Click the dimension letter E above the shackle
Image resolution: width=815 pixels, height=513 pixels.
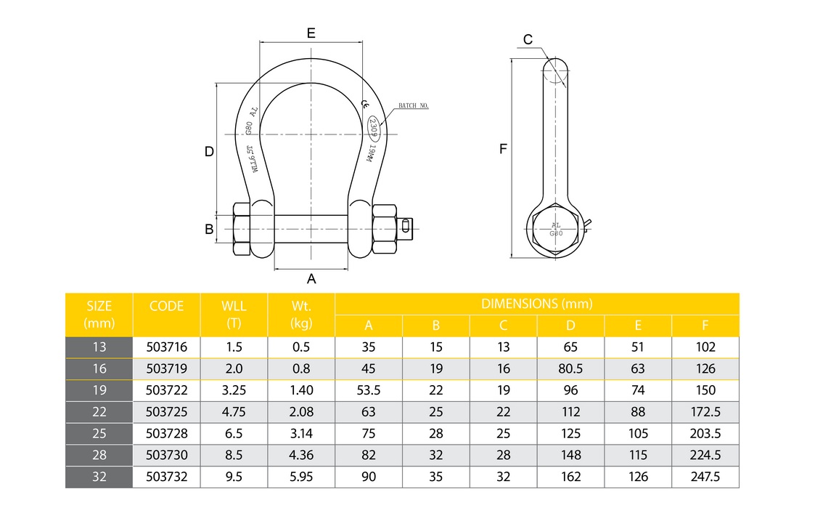(311, 33)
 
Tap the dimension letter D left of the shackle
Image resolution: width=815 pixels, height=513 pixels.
(209, 151)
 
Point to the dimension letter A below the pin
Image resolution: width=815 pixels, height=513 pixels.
(311, 279)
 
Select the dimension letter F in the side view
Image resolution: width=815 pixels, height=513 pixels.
(503, 149)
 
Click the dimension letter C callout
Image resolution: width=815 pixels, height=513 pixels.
(528, 39)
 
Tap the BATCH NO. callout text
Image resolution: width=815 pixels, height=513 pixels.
(413, 105)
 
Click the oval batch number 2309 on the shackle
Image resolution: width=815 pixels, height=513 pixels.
(373, 128)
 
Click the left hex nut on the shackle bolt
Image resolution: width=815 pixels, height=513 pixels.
(242, 229)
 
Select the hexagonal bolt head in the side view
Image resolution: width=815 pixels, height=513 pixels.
(556, 229)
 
